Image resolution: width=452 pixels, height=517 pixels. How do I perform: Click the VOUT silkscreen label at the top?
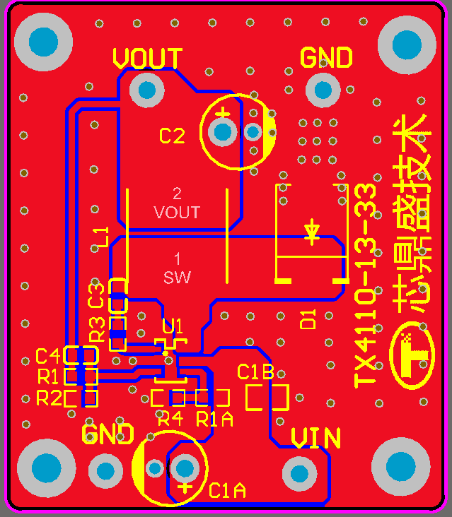click(147, 59)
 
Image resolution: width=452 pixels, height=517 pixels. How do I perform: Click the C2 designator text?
click(172, 136)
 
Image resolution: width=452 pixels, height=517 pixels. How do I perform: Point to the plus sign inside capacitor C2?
click(223, 113)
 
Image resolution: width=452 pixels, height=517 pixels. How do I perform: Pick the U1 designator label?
click(173, 326)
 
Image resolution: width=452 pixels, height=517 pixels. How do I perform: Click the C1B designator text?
click(255, 372)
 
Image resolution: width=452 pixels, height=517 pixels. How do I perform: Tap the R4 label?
click(170, 419)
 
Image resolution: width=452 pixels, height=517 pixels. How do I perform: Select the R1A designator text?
click(214, 419)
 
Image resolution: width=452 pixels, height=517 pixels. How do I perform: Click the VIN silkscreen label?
click(315, 439)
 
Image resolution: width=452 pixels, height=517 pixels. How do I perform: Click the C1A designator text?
click(228, 490)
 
